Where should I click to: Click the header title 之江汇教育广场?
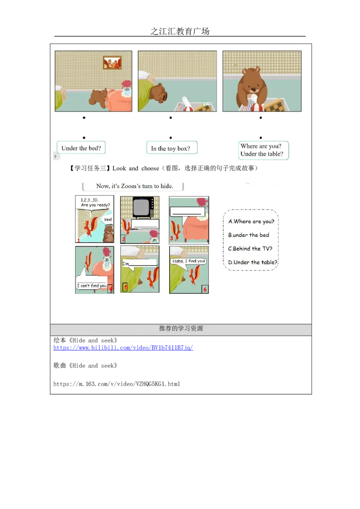[x=180, y=31]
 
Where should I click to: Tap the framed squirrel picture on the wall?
[x=112, y=63]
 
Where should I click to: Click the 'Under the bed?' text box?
[x=81, y=148]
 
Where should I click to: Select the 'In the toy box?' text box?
[x=171, y=148]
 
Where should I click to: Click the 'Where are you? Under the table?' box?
[x=263, y=150]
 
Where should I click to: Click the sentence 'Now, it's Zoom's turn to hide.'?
[x=135, y=186]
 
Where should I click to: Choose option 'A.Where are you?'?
[x=251, y=221]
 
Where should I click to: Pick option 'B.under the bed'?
[x=248, y=235]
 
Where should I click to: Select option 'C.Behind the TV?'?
[x=250, y=249]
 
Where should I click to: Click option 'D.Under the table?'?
[x=253, y=262]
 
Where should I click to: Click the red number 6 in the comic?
[x=205, y=289]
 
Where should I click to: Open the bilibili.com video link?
[x=123, y=348]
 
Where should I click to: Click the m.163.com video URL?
[x=117, y=384]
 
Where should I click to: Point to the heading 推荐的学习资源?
[x=181, y=329]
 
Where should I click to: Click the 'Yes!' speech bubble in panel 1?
[x=107, y=220]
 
